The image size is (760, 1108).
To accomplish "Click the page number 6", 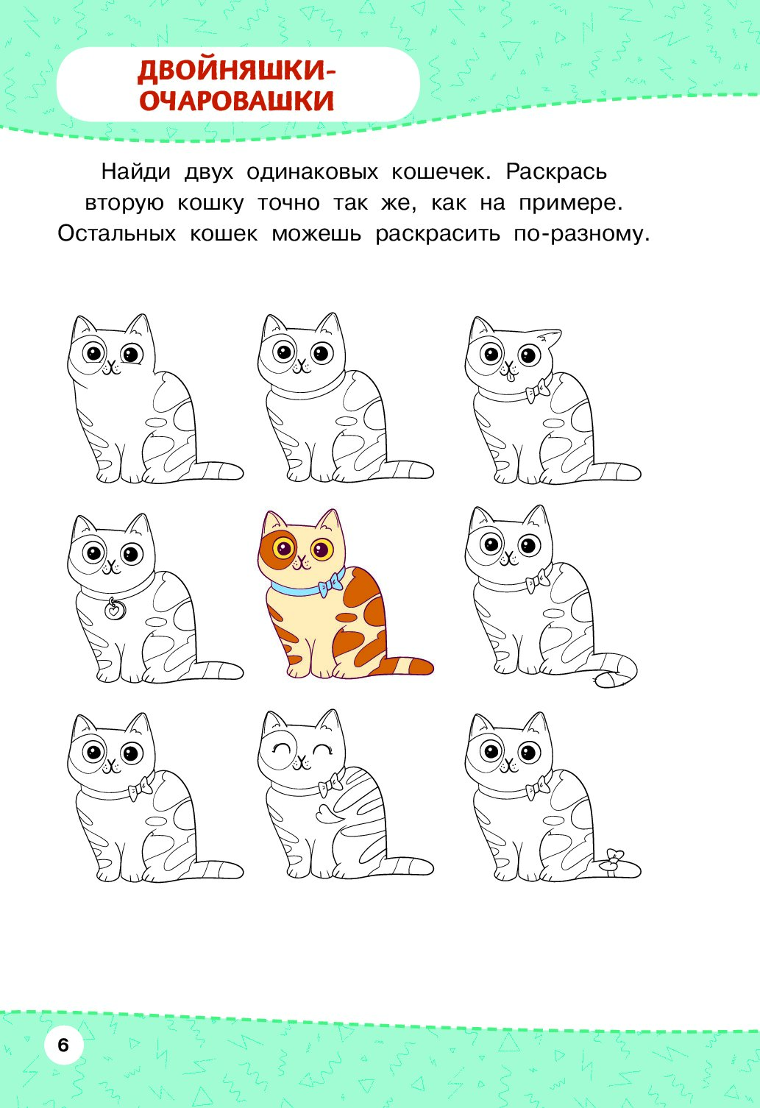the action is [63, 1045].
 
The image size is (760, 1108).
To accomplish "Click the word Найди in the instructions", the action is [136, 172].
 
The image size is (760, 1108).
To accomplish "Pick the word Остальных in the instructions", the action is [117, 233].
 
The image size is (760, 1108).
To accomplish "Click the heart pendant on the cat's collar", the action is [114, 610].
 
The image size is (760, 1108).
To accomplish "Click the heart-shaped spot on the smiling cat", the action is [327, 812].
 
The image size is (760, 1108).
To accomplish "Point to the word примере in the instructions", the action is [570, 203].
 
